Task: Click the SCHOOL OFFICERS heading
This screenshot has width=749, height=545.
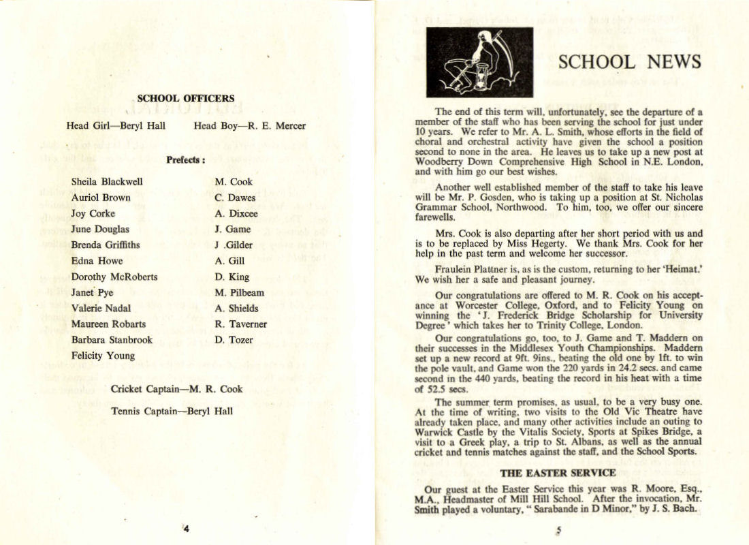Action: coord(185,98)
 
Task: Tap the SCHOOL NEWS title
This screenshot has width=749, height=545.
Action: coord(629,62)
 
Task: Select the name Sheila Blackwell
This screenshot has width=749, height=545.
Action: coord(107,182)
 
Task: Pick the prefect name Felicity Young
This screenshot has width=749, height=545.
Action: coord(103,355)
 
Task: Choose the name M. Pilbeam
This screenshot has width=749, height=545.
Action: coord(239,292)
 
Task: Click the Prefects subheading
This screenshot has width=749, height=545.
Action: coord(185,161)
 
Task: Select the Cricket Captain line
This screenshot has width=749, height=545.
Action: coord(176,389)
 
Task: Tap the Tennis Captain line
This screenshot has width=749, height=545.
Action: coord(172,411)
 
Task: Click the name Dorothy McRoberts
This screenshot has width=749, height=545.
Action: coord(114,277)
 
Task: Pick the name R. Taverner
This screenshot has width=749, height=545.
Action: coord(241,324)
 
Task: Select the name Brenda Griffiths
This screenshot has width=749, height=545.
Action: coord(108,245)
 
